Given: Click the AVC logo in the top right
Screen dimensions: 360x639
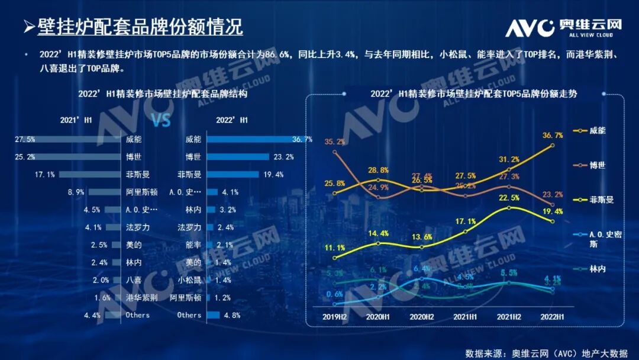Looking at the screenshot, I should click(x=563, y=27).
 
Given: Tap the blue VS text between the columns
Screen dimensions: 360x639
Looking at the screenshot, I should click(x=161, y=121).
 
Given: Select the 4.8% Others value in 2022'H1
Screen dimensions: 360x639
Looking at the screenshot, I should click(x=232, y=315).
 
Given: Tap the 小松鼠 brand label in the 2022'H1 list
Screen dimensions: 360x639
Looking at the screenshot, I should click(x=189, y=280).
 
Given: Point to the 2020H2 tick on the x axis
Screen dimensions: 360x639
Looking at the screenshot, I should click(x=422, y=317).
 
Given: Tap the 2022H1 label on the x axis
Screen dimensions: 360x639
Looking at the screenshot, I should click(x=553, y=317).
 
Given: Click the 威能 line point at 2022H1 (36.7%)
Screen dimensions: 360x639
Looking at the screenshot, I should click(x=553, y=145).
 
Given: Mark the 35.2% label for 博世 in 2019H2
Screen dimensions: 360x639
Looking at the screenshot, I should click(x=335, y=142).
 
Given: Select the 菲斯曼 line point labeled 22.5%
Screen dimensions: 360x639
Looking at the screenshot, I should click(x=509, y=208).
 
